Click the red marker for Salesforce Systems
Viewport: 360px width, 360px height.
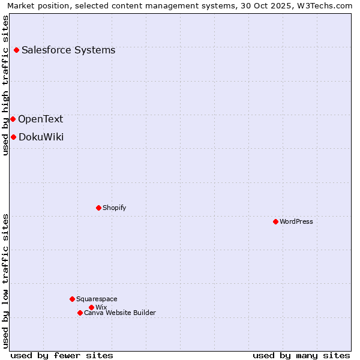[x=16, y=50]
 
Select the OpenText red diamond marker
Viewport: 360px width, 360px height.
[x=13, y=119]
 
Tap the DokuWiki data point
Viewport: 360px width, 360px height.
[x=13, y=137]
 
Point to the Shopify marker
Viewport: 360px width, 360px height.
[x=98, y=208]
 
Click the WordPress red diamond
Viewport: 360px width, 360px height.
[x=275, y=221]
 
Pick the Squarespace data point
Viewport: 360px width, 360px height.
[x=72, y=299]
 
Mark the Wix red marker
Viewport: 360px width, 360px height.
[x=91, y=307]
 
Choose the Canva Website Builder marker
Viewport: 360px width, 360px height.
[x=80, y=313]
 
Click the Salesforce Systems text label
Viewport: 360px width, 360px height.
[x=68, y=50]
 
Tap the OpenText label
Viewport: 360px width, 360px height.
[x=40, y=119]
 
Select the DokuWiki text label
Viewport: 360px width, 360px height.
[x=41, y=137]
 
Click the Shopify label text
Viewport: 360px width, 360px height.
[x=114, y=208]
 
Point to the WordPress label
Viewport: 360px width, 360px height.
[x=296, y=221]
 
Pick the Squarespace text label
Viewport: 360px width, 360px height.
[x=97, y=299]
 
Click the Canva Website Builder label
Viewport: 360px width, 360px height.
[x=120, y=313]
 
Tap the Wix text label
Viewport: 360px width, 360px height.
[x=101, y=307]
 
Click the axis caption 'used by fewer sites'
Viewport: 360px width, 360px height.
[x=62, y=355]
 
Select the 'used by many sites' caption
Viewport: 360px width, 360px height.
[x=301, y=355]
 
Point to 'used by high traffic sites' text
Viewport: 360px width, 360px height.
[x=5, y=85]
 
